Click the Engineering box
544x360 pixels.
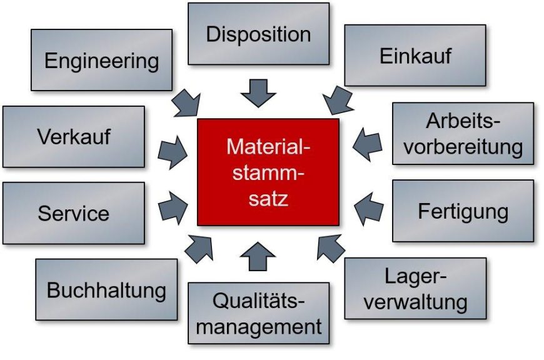tap(102, 60)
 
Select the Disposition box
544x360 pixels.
tap(258, 34)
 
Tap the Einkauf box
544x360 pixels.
tap(415, 55)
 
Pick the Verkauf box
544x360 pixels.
tap(74, 137)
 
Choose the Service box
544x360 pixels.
tap(74, 213)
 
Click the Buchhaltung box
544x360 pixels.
tap(106, 289)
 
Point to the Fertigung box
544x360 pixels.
tap(463, 211)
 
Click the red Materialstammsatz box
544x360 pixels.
tap(268, 172)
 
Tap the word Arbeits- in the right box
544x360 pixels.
tap(463, 121)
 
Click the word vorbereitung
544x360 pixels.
tap(463, 147)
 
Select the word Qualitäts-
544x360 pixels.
tap(258, 301)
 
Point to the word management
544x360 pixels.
tap(259, 327)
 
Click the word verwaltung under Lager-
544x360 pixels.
tap(415, 302)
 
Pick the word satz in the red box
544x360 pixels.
tap(268, 199)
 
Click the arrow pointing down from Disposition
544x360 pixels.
tap(258, 93)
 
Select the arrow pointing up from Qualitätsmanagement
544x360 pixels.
tap(258, 257)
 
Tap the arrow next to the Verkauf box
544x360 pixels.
tap(173, 152)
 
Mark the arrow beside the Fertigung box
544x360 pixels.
tap(369, 209)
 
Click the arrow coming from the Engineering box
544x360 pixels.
tap(186, 103)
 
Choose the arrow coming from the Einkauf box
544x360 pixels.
tap(338, 100)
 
